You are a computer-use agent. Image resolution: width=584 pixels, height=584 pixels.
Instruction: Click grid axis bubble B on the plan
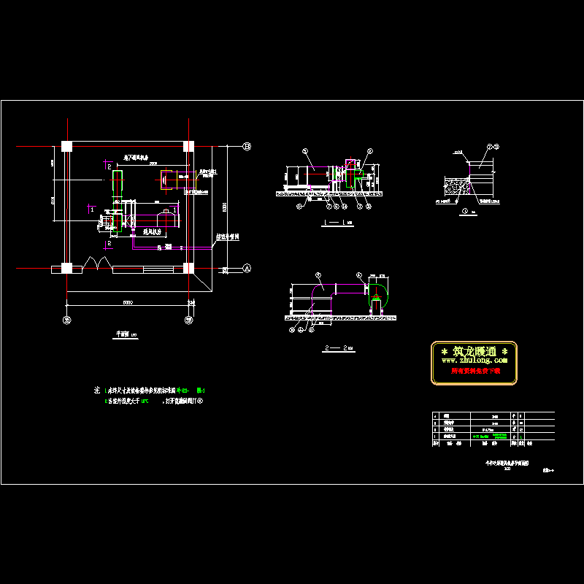(x=247, y=147)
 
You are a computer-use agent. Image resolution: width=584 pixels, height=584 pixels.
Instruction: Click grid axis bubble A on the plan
(x=247, y=268)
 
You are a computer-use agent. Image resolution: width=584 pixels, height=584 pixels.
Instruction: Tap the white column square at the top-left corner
(x=66, y=147)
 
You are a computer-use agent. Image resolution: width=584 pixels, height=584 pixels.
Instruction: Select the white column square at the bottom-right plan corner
(x=188, y=268)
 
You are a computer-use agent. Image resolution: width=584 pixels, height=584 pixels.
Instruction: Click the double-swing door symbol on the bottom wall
(x=97, y=262)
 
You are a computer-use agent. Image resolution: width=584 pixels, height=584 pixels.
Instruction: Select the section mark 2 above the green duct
(x=109, y=168)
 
